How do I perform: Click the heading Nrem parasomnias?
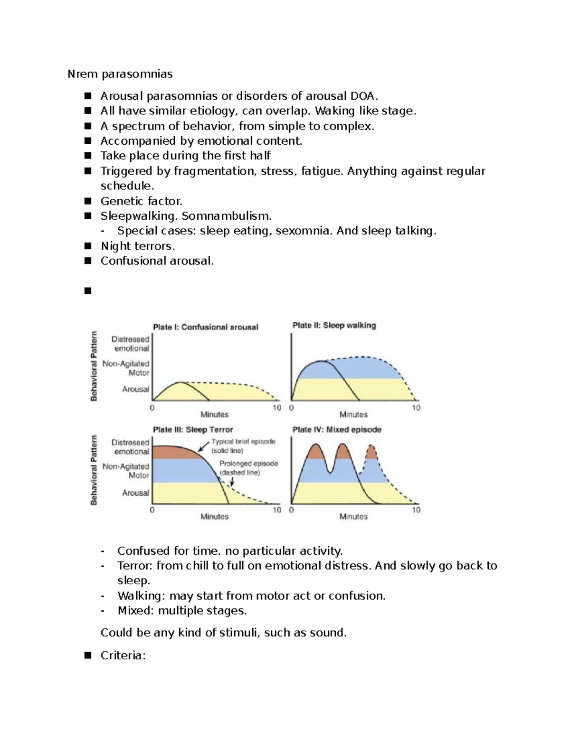pos(120,74)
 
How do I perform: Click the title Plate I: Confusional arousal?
pos(205,327)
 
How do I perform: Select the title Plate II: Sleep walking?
pos(334,326)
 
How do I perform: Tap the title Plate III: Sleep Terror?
pos(192,429)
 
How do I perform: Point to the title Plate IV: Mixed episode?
pos(337,429)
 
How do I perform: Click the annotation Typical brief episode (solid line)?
pos(243,446)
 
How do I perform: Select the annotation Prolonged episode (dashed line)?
pos(248,468)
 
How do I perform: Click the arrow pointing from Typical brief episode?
pos(204,446)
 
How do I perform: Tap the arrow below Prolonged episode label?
pos(232,480)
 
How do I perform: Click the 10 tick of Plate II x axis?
pos(416,408)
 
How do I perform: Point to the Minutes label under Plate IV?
pos(353,517)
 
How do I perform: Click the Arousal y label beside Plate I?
pos(136,389)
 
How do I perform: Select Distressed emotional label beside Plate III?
pos(131,447)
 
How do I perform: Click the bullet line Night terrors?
pos(138,246)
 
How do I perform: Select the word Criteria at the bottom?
pos(122,655)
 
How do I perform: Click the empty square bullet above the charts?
pos(87,291)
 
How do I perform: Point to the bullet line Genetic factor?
pos(141,201)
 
